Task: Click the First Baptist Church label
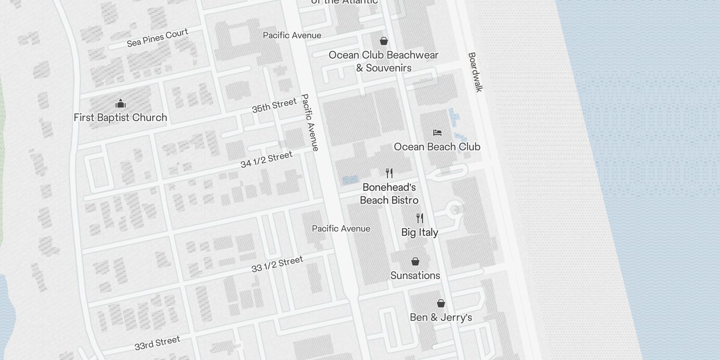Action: coord(120,117)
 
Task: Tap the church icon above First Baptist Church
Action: coord(120,104)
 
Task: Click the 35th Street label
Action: coord(274,105)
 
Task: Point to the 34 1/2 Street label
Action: coord(266,160)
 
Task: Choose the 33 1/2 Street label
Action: coord(277,265)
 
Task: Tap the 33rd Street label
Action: coord(157,343)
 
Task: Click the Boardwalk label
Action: coord(475,72)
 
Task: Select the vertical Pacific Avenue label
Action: coord(310,122)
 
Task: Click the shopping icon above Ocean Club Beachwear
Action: coord(384,41)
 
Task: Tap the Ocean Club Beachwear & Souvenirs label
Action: coord(383,61)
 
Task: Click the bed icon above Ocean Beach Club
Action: coord(437,133)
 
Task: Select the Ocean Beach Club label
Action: coord(437,147)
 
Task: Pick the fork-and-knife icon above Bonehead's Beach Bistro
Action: coord(389,173)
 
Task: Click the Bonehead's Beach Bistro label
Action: coord(389,193)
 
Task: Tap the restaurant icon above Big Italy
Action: coord(420,218)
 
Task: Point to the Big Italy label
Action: coord(419,232)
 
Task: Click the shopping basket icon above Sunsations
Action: coord(415,261)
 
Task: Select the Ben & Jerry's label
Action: coord(441,317)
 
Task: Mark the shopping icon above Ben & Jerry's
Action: coord(441,303)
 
